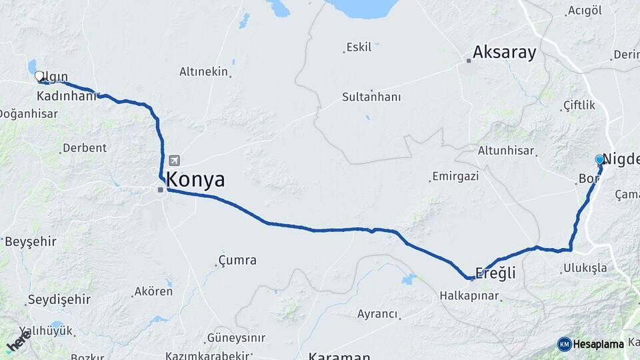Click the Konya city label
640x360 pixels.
[195, 180]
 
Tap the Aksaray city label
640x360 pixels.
[504, 53]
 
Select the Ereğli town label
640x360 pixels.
[495, 273]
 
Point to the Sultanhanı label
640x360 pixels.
[371, 97]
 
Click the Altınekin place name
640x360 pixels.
[203, 71]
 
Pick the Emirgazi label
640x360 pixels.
[455, 177]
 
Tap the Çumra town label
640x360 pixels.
[238, 260]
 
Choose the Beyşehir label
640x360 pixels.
[31, 241]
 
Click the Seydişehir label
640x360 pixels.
[59, 299]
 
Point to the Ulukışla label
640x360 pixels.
[585, 268]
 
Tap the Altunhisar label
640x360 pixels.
[507, 151]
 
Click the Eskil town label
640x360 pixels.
[359, 48]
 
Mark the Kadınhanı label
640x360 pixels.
[67, 97]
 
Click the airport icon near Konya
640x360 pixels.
[175, 161]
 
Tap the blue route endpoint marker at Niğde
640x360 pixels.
[599, 160]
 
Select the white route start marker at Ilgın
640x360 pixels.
[39, 77]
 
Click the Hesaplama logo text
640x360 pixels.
[597, 345]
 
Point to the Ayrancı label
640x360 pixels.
[377, 314]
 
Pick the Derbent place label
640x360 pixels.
[84, 148]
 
